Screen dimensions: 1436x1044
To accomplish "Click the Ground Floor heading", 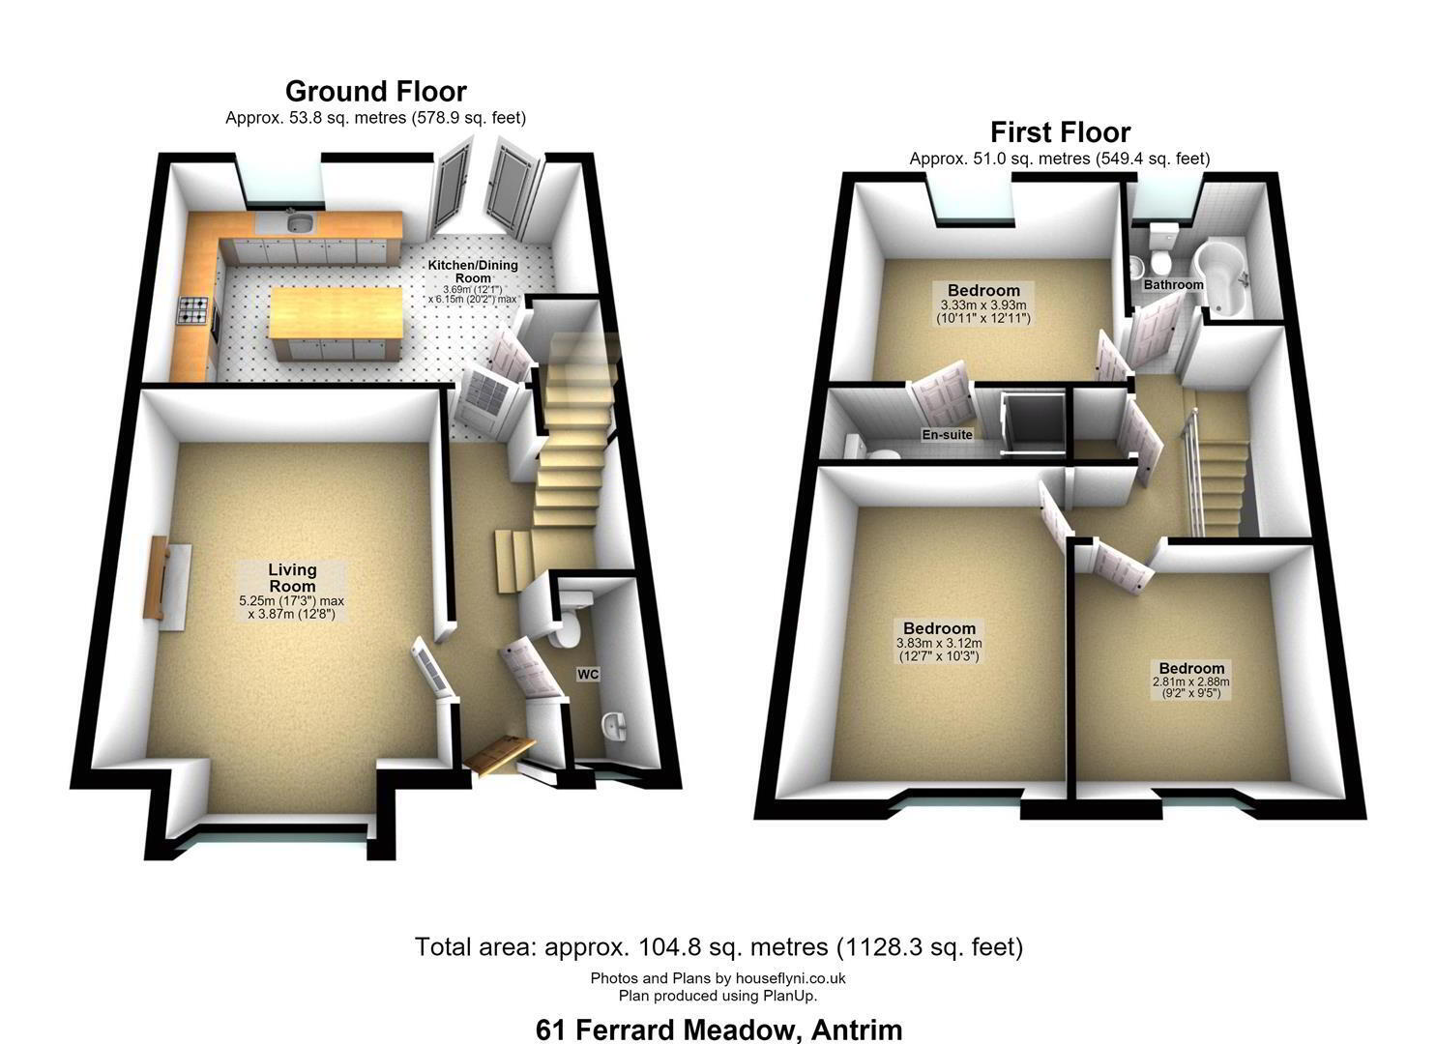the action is pyautogui.click(x=375, y=92).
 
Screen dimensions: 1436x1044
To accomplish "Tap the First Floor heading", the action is pyautogui.click(x=1061, y=132).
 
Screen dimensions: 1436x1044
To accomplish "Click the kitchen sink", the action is pyautogui.click(x=300, y=222).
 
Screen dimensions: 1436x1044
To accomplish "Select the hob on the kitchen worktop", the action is pyautogui.click(x=193, y=309).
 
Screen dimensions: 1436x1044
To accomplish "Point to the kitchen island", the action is pyautogui.click(x=336, y=323).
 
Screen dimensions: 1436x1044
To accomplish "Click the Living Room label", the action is pyautogui.click(x=292, y=577).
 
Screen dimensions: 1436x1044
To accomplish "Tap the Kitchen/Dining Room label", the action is pyautogui.click(x=473, y=271).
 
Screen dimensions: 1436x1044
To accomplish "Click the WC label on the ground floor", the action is pyautogui.click(x=588, y=674).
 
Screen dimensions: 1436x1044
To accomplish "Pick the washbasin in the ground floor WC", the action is pyautogui.click(x=615, y=726).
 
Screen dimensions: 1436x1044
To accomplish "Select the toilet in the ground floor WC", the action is pyautogui.click(x=568, y=620).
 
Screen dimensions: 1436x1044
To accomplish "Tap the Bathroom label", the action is pyautogui.click(x=1173, y=284).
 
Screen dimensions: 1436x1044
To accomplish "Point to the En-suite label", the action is pyautogui.click(x=947, y=435).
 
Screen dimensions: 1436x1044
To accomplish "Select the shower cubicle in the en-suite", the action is pyautogui.click(x=1033, y=425).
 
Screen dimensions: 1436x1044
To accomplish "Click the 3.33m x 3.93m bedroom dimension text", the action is pyautogui.click(x=983, y=311).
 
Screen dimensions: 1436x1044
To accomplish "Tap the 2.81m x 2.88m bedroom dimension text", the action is pyautogui.click(x=1190, y=687).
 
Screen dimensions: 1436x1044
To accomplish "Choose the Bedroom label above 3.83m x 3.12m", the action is pyautogui.click(x=939, y=628).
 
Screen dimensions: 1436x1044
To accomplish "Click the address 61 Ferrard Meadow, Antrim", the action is pyautogui.click(x=718, y=1029).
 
